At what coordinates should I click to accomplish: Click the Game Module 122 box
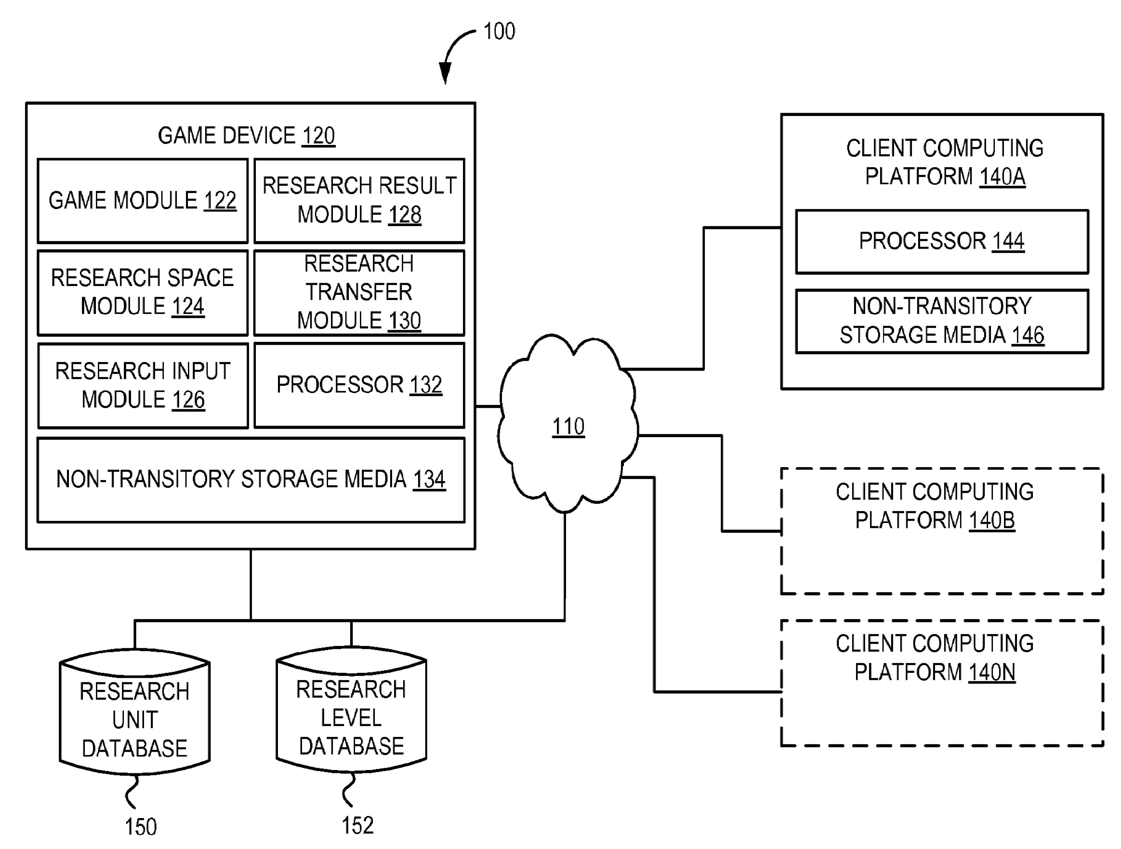142,201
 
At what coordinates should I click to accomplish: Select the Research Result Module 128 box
359,201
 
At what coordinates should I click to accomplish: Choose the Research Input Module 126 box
142,385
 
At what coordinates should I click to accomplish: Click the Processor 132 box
359,385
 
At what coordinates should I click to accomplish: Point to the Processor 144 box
942,242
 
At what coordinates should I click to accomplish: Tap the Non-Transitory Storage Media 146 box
942,321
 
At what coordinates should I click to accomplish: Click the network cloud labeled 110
568,425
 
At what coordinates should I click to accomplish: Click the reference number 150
141,827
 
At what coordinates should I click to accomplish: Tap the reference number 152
358,825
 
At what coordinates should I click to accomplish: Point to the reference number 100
499,32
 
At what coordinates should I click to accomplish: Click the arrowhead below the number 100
445,73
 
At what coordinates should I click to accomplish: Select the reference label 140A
1002,177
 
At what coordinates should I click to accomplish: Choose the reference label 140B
992,520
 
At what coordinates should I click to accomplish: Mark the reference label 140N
992,672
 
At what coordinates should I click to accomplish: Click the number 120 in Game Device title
318,136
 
